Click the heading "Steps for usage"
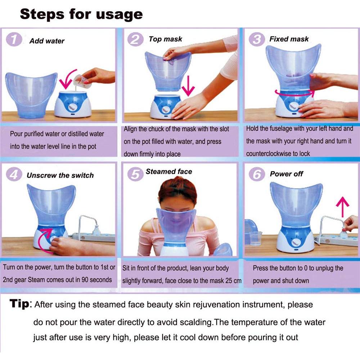[x=81, y=14]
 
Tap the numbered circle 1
[x=14, y=39]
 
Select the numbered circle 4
[x=14, y=174]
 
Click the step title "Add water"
[x=47, y=41]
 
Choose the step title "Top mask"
[x=165, y=39]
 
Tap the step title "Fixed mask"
[x=289, y=39]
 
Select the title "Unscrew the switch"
[x=60, y=175]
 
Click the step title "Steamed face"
[x=169, y=171]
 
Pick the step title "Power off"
[x=286, y=174]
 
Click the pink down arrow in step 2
[x=188, y=86]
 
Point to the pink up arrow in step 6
[x=343, y=207]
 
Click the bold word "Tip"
[x=19, y=303]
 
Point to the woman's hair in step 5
[x=177, y=190]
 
